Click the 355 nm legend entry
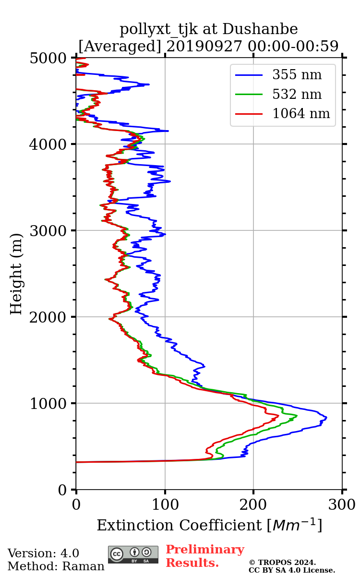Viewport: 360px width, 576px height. [297, 75]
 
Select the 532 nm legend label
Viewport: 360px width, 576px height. [297, 95]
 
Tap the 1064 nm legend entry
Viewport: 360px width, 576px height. [300, 114]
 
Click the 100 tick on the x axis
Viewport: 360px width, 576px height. [165, 505]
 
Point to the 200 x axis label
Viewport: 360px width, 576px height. [253, 505]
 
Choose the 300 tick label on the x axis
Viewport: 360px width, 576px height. [342, 505]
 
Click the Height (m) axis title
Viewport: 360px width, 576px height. [16, 274]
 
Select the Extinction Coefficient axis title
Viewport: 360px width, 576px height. [209, 525]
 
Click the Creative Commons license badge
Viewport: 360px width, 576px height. [133, 554]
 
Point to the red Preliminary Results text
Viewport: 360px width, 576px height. [204, 556]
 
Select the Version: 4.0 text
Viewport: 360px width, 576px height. [43, 553]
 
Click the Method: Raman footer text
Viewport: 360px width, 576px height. [56, 566]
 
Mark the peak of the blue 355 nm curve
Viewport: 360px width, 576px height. [326, 418]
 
